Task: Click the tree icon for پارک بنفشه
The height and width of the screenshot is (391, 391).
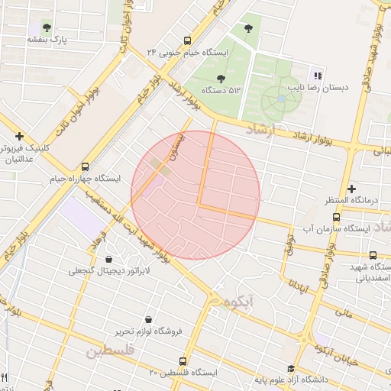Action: [x=47, y=27]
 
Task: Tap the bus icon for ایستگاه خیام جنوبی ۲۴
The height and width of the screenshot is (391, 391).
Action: [x=187, y=40]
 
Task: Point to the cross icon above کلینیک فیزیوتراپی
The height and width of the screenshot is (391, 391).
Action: [x=19, y=135]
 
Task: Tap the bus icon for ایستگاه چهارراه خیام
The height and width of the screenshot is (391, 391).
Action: [x=84, y=166]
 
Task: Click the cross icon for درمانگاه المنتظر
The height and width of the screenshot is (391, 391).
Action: [x=351, y=188]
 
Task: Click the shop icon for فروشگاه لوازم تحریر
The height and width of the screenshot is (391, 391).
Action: [x=147, y=319]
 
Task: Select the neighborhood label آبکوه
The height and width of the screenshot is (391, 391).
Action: [x=238, y=302]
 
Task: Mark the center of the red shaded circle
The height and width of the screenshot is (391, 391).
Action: [x=195, y=195]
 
